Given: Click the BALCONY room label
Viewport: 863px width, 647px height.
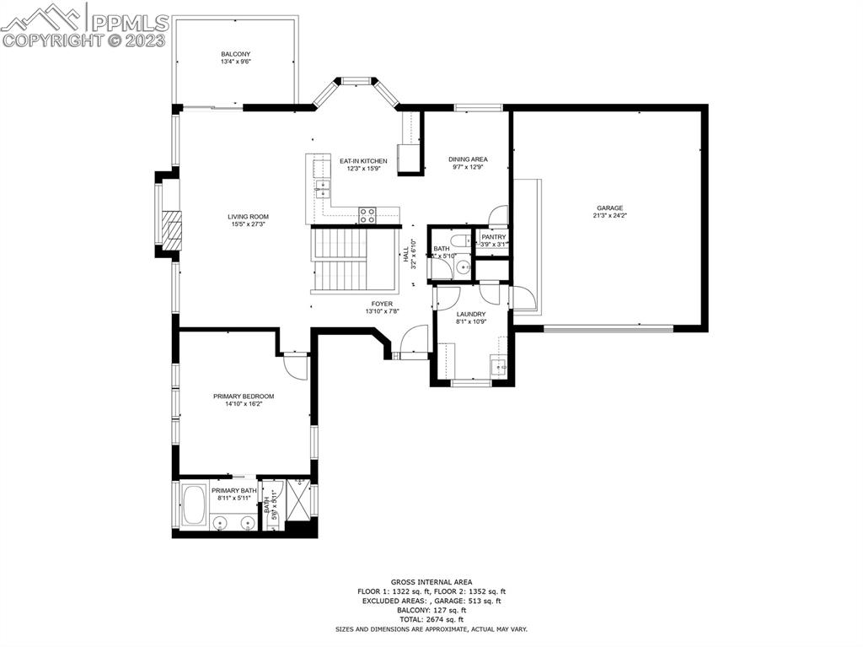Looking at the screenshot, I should (x=236, y=54).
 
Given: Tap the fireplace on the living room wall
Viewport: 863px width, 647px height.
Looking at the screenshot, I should (x=171, y=228).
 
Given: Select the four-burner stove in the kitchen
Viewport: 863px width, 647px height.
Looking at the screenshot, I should (x=367, y=215).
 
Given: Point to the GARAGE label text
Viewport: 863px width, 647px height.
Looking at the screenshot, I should (x=609, y=208).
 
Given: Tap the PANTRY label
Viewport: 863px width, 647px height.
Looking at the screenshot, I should (x=493, y=237).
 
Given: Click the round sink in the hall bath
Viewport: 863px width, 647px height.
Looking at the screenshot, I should (x=464, y=268).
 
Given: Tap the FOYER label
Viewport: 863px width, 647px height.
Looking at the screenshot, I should (x=382, y=304).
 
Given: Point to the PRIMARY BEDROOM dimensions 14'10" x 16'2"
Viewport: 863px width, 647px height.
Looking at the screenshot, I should (x=243, y=404).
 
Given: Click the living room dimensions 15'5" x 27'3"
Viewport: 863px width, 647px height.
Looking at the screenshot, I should (x=248, y=224).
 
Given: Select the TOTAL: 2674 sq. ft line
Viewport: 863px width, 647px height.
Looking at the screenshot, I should (x=431, y=619).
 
